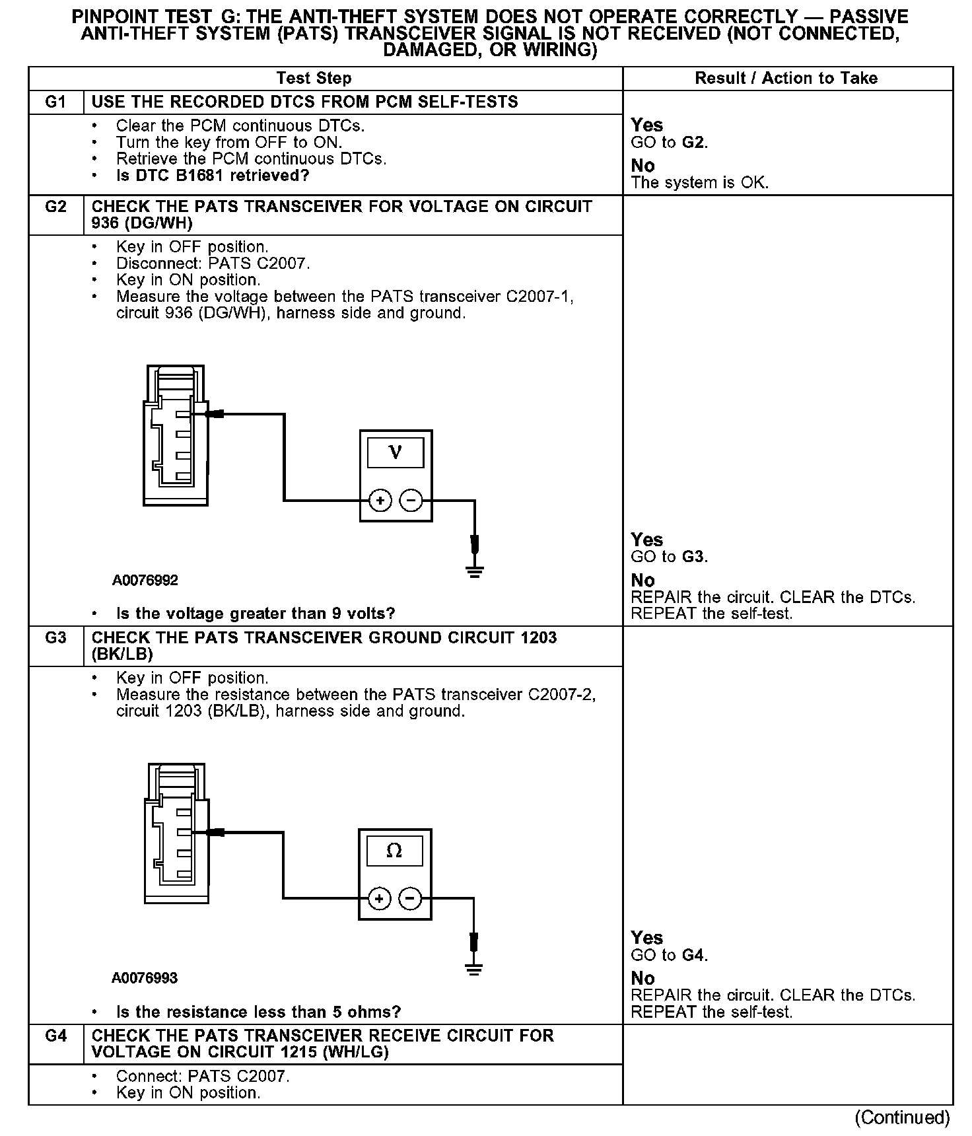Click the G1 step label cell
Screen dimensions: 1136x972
(56, 102)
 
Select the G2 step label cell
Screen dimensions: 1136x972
(56, 207)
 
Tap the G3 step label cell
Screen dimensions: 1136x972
(56, 638)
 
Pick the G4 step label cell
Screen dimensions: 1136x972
(56, 1036)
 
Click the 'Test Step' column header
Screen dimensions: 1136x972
(314, 79)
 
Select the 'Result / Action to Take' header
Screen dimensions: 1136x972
(786, 79)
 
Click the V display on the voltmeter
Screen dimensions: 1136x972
(396, 452)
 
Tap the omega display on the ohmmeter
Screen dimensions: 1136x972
(394, 851)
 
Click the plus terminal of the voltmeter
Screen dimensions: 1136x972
(380, 501)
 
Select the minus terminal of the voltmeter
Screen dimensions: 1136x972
(411, 501)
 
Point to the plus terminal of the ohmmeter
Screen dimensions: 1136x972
(379, 899)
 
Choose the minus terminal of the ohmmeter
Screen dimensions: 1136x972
(410, 899)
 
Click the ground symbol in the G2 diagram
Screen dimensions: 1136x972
(474, 571)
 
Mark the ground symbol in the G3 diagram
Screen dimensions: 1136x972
(473, 969)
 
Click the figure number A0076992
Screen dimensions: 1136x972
(145, 581)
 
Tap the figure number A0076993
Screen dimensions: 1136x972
(145, 978)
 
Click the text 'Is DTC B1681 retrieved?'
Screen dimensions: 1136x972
(213, 176)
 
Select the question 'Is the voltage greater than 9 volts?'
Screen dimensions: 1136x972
(256, 614)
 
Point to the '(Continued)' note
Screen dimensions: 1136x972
(902, 1118)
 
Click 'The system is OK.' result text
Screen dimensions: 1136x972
(700, 183)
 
